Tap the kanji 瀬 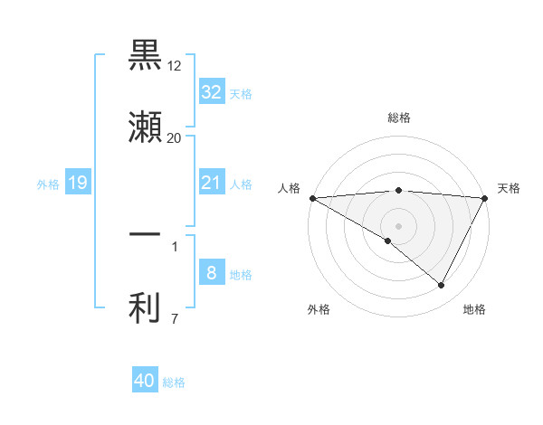pos(145,127)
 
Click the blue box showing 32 pos(211,92)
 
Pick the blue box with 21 pos(211,183)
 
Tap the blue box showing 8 pos(211,273)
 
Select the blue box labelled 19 pos(78,183)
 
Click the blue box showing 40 pos(145,381)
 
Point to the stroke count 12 pos(175,67)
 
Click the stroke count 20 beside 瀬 pos(175,138)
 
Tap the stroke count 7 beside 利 pos(175,318)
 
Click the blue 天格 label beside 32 pos(240,94)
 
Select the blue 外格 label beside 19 pos(48,184)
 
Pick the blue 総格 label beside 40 pos(174,382)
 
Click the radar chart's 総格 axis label pos(399,118)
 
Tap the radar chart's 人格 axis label pos(289,188)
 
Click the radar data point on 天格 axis pos(485,198)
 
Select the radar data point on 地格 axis pos(442,286)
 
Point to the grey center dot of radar pos(399,225)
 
